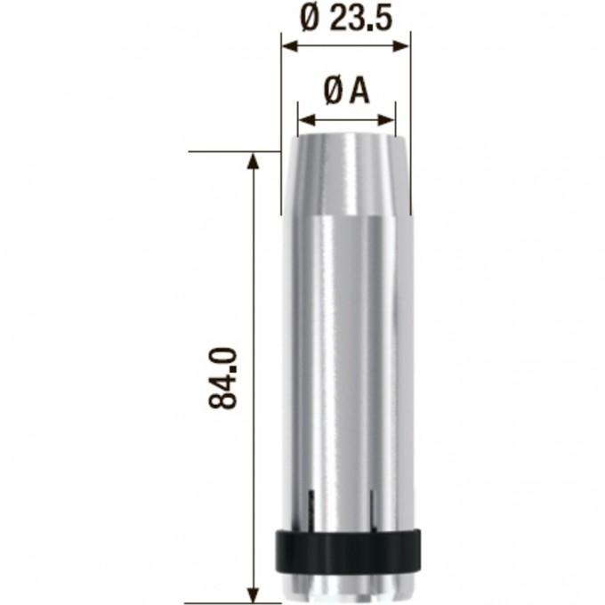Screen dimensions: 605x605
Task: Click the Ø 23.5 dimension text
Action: tap(346, 19)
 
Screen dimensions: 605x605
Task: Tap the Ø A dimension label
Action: tap(346, 93)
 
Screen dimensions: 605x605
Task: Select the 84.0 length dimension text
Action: tap(222, 378)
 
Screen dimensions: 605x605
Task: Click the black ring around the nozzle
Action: tap(348, 551)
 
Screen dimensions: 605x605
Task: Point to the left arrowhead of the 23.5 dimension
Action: tap(290, 47)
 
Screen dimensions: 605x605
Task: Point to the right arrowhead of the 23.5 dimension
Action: tap(401, 47)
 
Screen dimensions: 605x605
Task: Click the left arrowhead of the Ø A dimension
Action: tap(307, 120)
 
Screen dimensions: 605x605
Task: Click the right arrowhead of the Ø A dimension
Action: tap(386, 120)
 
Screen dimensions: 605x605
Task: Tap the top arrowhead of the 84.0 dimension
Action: tap(253, 161)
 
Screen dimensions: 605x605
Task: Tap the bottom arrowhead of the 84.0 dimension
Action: tap(253, 594)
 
